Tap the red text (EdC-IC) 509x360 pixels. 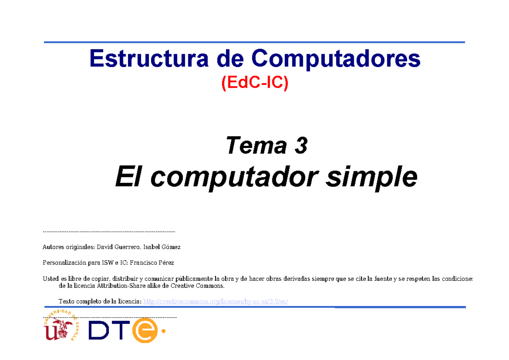coord(255,83)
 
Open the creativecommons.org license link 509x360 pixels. coord(216,301)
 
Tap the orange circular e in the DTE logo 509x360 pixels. coord(145,330)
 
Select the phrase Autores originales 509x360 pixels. coord(69,247)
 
